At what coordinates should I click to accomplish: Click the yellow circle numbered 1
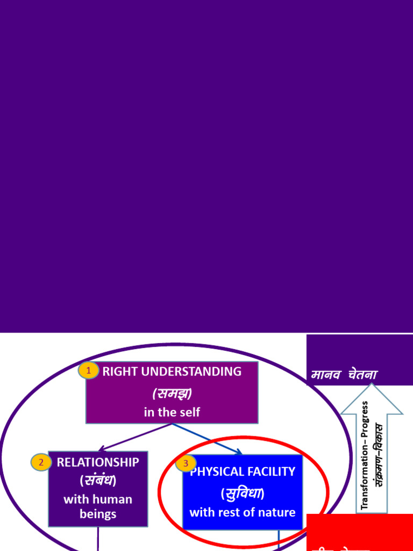pos(89,370)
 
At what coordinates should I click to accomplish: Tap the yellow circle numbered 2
pos(41,462)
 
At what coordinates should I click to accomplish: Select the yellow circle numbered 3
pos(186,463)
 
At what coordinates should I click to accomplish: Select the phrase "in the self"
pos(172,412)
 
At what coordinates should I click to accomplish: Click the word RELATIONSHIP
pos(98,462)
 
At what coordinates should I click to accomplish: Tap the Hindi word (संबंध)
pos(98,480)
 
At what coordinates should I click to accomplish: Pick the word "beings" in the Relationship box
pos(98,514)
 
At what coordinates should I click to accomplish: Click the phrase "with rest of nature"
pos(243,512)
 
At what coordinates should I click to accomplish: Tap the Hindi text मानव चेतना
pos(344,375)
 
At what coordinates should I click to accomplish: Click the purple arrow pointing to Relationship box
pos(134,437)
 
